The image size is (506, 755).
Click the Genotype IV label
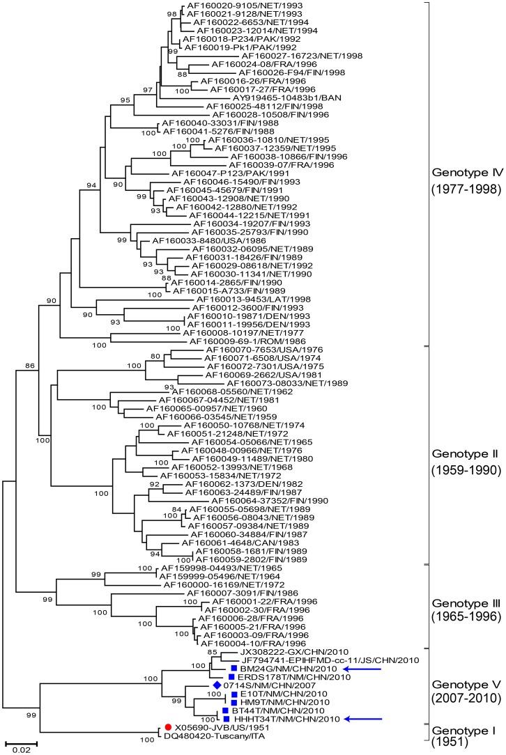[463, 171]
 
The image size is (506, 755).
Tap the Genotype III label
[463, 602]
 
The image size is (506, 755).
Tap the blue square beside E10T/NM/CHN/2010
[235, 694]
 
